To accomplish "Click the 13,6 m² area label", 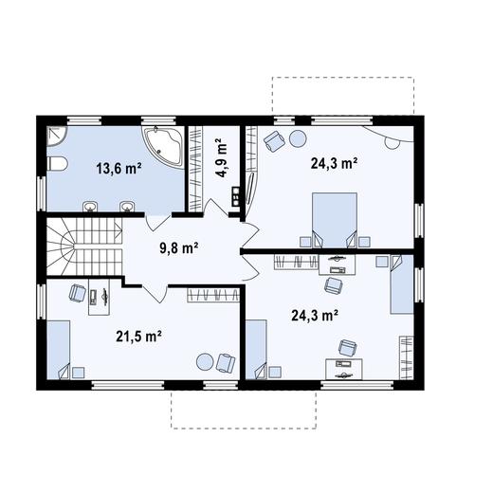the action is [119, 169].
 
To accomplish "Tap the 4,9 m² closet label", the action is [221, 158].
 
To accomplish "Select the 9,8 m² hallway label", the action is [179, 248].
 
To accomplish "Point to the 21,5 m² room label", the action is [139, 336].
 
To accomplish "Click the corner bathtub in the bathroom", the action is [164, 147].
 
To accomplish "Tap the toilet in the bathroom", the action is [57, 164].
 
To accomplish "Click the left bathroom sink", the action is [90, 207].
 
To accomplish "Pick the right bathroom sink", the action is [127, 207].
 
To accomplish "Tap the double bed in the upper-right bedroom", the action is [335, 220].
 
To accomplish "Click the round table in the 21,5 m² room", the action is [205, 361].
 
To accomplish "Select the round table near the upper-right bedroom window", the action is [298, 138].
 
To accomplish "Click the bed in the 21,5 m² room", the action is [59, 350].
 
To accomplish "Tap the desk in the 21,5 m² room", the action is [100, 297].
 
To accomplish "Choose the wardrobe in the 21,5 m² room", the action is [213, 295].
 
